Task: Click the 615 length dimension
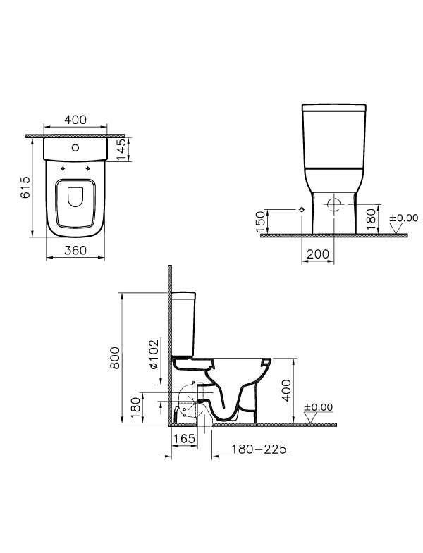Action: tap(26, 187)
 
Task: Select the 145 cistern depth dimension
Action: tap(121, 149)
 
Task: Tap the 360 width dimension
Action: tap(75, 250)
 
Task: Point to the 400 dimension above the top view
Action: tap(75, 120)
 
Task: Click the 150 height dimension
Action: tap(260, 221)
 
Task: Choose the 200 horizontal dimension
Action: tap(318, 254)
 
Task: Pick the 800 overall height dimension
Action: tap(115, 358)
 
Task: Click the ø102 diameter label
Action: tap(154, 354)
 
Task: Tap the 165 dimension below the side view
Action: tap(185, 438)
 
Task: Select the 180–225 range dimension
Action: tap(259, 449)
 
